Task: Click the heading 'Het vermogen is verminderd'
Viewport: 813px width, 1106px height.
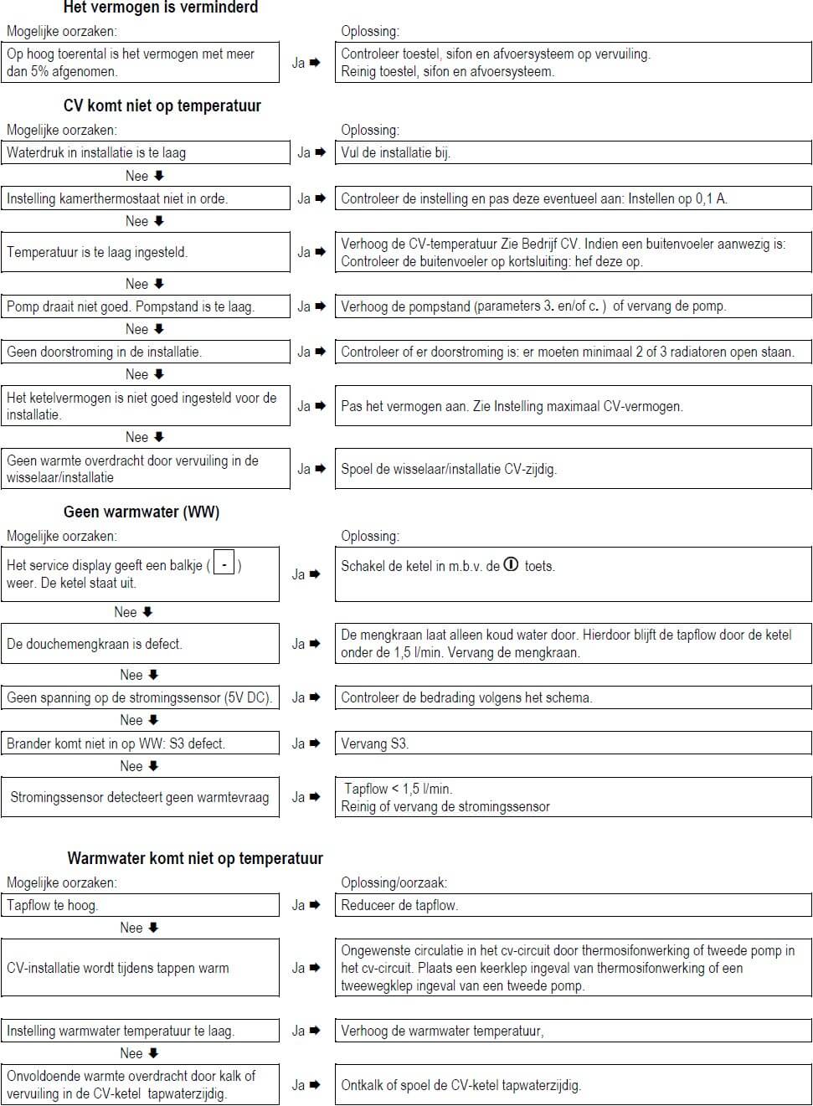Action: [161, 8]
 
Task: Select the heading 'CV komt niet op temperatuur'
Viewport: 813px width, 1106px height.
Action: [162, 105]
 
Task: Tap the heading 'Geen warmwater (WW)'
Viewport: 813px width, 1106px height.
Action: [141, 512]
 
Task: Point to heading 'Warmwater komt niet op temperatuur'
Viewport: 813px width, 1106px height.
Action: [195, 858]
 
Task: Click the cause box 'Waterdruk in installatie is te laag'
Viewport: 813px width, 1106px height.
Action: [145, 152]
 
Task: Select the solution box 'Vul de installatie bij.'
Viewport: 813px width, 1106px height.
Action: [573, 152]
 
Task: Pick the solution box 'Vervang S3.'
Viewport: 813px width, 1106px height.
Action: [573, 743]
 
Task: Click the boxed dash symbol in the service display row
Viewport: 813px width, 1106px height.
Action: [224, 564]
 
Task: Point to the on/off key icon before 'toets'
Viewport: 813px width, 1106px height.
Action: [511, 565]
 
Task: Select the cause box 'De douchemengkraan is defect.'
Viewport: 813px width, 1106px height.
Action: [140, 644]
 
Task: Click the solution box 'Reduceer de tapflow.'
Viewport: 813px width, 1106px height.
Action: [573, 905]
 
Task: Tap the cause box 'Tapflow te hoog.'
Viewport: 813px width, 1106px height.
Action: [140, 905]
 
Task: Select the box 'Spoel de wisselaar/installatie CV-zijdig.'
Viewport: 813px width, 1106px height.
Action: [573, 469]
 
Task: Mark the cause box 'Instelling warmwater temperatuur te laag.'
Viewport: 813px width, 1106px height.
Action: [140, 1031]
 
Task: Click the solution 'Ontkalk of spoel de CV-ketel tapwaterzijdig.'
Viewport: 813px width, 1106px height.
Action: [573, 1085]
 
